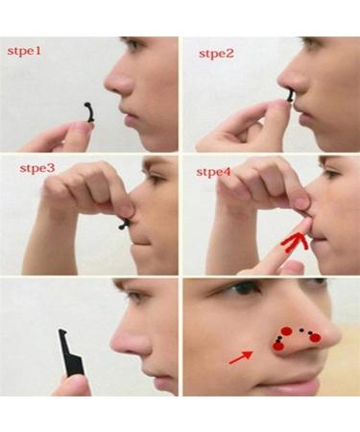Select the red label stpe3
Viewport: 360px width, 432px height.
coord(37,169)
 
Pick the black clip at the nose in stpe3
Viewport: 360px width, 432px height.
coord(124,224)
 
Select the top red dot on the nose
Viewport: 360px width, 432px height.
coord(286,332)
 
